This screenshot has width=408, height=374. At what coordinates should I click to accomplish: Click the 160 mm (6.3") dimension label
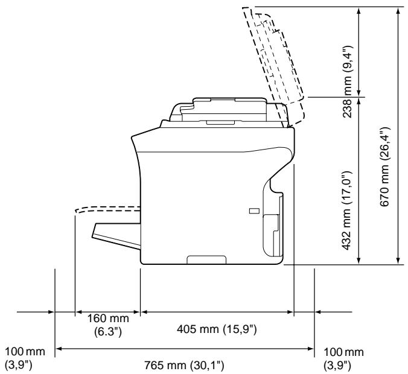107,325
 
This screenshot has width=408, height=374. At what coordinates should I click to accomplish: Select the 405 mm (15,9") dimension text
217,329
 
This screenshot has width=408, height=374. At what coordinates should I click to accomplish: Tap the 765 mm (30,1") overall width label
184,366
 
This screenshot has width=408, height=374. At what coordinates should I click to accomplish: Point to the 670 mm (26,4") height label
385,166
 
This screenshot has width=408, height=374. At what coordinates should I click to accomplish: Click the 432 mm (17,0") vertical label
347,211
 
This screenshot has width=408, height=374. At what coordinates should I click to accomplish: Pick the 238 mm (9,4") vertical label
348,81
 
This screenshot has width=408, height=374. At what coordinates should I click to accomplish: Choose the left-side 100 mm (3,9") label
25,358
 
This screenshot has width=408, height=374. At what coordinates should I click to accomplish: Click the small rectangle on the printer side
254,211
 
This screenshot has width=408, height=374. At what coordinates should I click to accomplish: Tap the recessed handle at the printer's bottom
206,260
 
